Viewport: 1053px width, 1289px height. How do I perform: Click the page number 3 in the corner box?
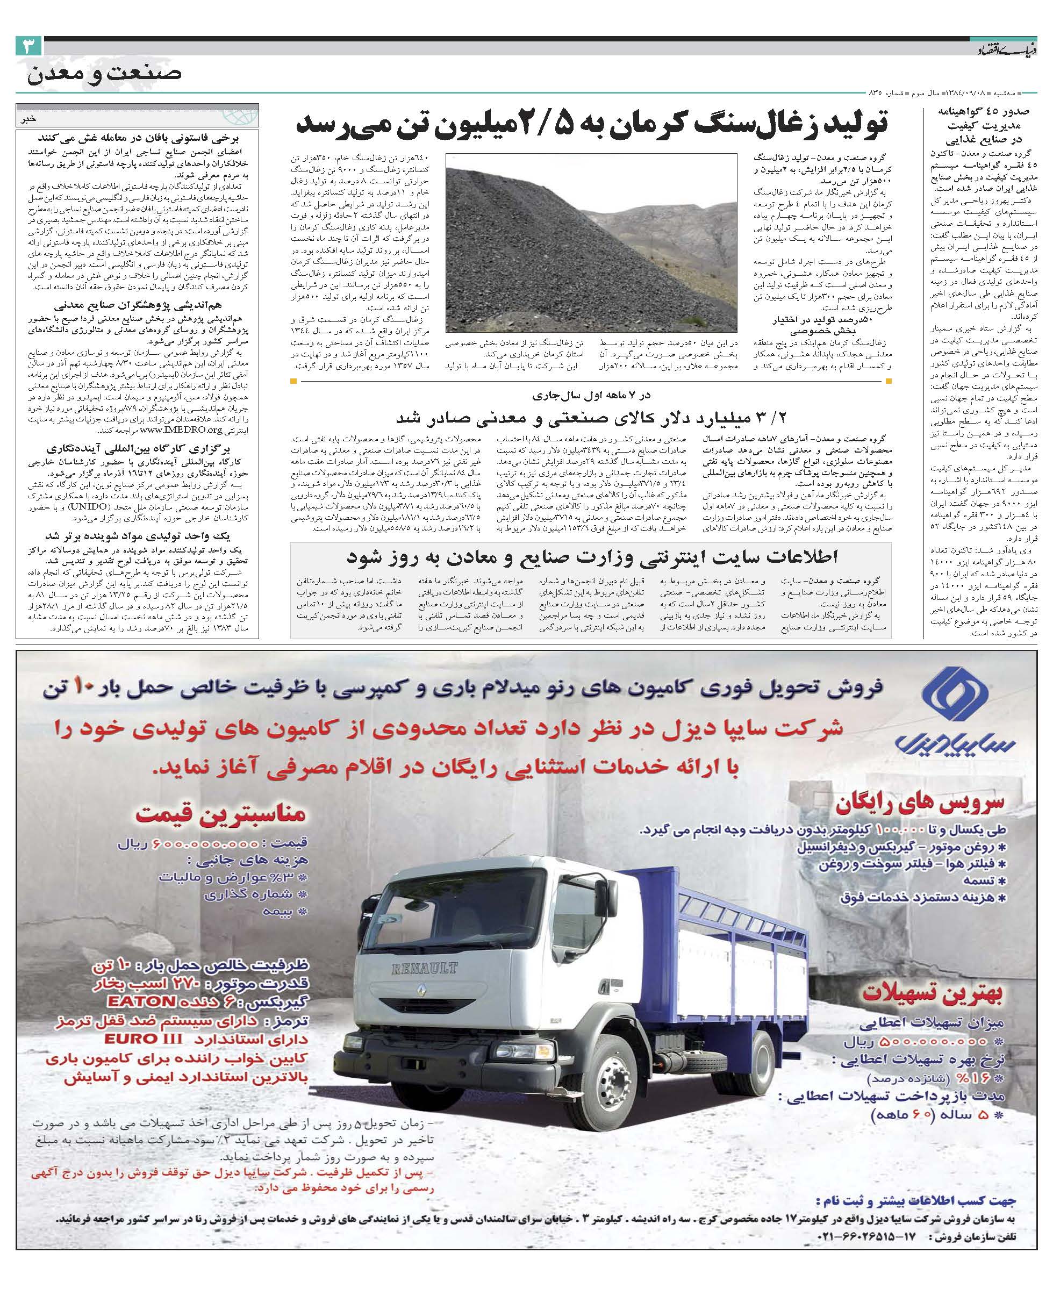click(28, 47)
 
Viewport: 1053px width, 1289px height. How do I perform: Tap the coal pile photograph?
click(591, 242)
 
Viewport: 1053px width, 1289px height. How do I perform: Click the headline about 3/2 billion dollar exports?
click(591, 418)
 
